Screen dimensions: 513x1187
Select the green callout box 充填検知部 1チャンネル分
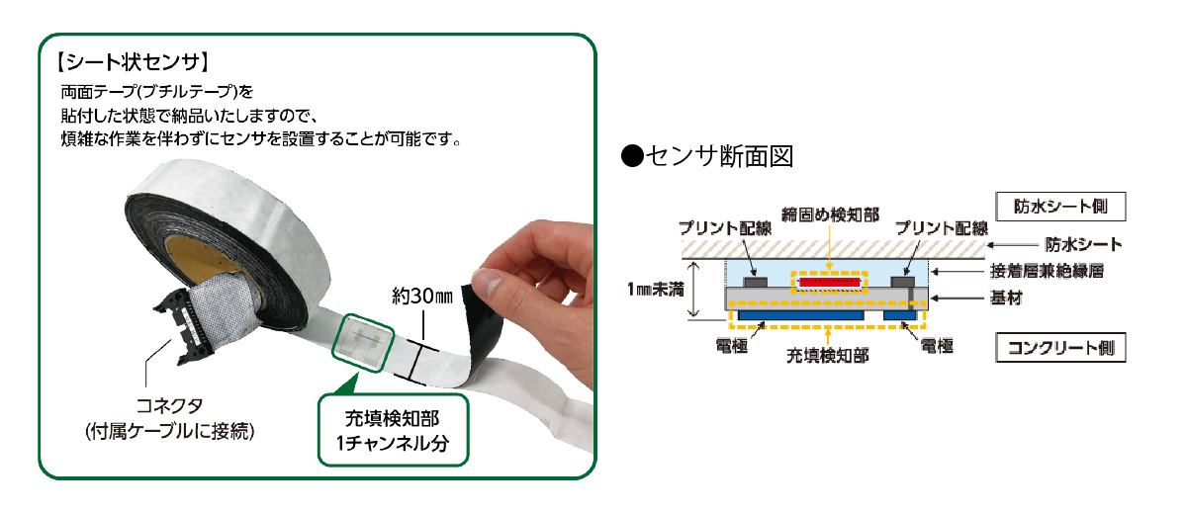392,431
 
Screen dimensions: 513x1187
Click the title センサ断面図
706,156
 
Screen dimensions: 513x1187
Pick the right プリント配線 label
941,226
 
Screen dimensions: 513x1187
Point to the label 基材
1006,296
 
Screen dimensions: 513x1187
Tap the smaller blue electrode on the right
900,313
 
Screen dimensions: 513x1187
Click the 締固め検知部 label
829,216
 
